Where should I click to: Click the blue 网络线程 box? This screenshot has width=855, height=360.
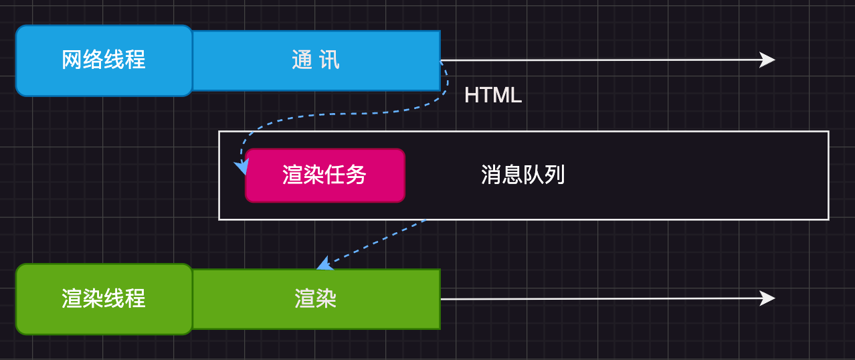click(x=104, y=60)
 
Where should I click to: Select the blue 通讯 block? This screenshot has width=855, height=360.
click(x=316, y=60)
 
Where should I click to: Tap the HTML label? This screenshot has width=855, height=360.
click(x=492, y=96)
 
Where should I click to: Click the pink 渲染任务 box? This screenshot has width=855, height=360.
click(x=324, y=175)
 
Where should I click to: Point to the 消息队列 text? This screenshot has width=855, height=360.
click(x=522, y=175)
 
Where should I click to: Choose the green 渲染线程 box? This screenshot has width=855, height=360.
click(x=104, y=298)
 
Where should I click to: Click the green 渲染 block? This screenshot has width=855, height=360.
click(x=316, y=299)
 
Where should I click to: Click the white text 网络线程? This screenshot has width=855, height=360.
click(x=104, y=60)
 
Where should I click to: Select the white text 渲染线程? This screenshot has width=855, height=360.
click(x=104, y=298)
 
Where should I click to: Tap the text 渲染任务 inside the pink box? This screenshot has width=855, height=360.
click(x=324, y=175)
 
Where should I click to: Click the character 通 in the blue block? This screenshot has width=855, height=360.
click(x=302, y=60)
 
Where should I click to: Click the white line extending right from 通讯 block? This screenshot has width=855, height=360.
click(x=602, y=60)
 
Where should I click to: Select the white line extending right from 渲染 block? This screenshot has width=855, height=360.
click(x=602, y=298)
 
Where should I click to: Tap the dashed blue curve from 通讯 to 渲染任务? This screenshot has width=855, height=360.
click(x=335, y=114)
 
